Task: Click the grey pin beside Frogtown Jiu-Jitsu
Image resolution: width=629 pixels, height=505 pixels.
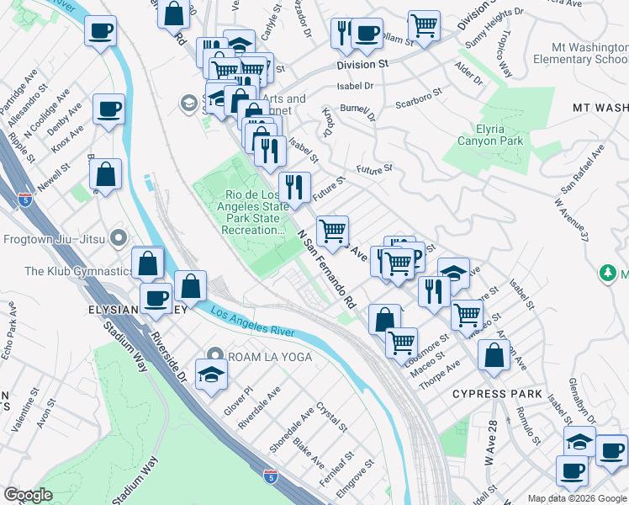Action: point(119,239)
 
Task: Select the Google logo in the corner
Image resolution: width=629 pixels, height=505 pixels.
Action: point(29,495)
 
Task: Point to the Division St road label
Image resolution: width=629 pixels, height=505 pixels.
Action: point(362,64)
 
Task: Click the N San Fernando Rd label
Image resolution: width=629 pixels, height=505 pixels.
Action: point(326,268)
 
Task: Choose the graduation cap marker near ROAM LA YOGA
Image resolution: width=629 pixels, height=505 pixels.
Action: point(211,374)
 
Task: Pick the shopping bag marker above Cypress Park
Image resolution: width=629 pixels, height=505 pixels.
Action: point(494,355)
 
